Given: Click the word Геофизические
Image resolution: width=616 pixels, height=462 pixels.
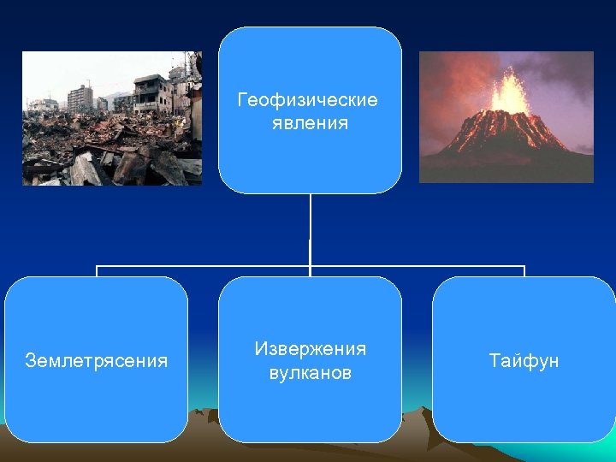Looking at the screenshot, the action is pos(307,101).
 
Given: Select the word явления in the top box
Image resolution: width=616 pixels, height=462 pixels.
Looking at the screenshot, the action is pos(307,122).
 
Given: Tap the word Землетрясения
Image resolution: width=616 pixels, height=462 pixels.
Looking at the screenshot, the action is pos(96,360).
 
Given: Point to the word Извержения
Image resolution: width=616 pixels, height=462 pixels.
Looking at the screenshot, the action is pos(310,349).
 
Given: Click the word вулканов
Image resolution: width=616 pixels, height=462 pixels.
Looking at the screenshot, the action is pos(310,373).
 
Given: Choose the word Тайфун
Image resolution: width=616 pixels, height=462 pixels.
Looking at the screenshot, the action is pos(524,360).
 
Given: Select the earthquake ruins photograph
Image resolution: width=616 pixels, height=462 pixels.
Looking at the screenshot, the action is pos(111,118).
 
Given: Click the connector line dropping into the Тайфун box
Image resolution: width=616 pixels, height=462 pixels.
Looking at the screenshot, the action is pos(524,271).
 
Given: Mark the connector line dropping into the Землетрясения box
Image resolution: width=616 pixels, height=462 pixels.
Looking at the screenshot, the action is pos(96,271).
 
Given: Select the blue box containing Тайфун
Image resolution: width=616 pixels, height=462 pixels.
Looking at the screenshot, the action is pos(524,402).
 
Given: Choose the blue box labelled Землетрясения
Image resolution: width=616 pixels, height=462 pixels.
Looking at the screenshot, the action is pos(96,402).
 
